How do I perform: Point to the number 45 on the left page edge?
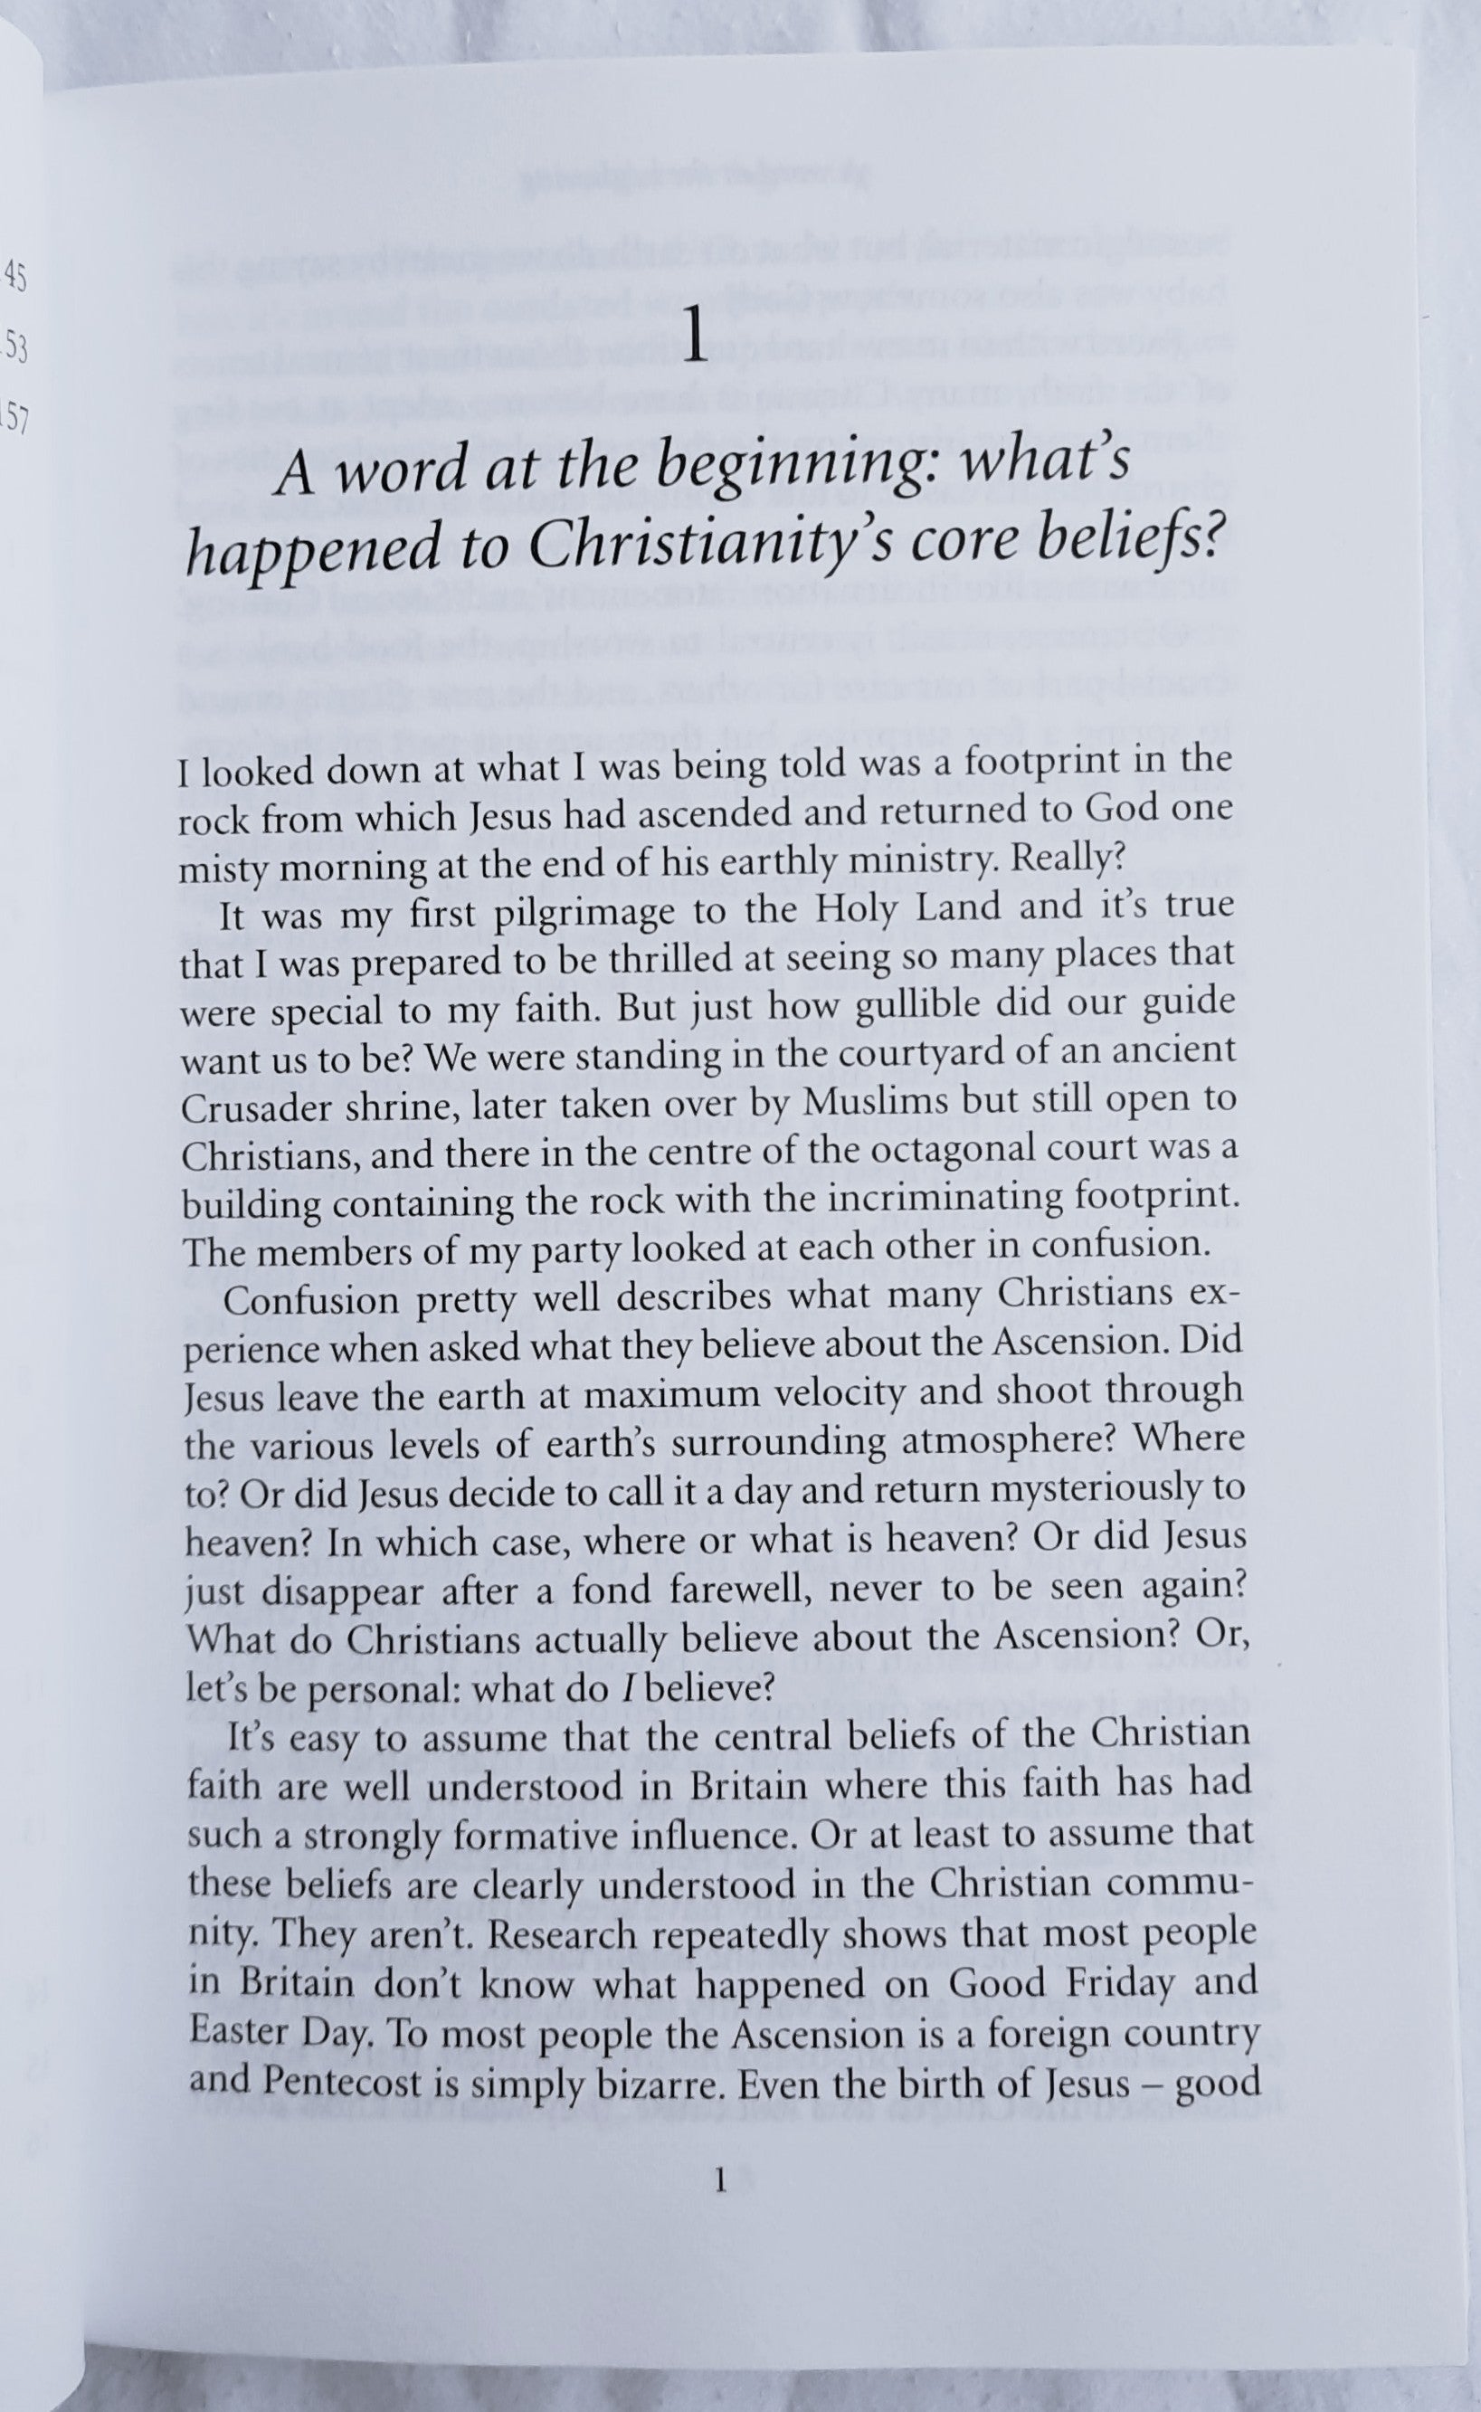click(x=14, y=276)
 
